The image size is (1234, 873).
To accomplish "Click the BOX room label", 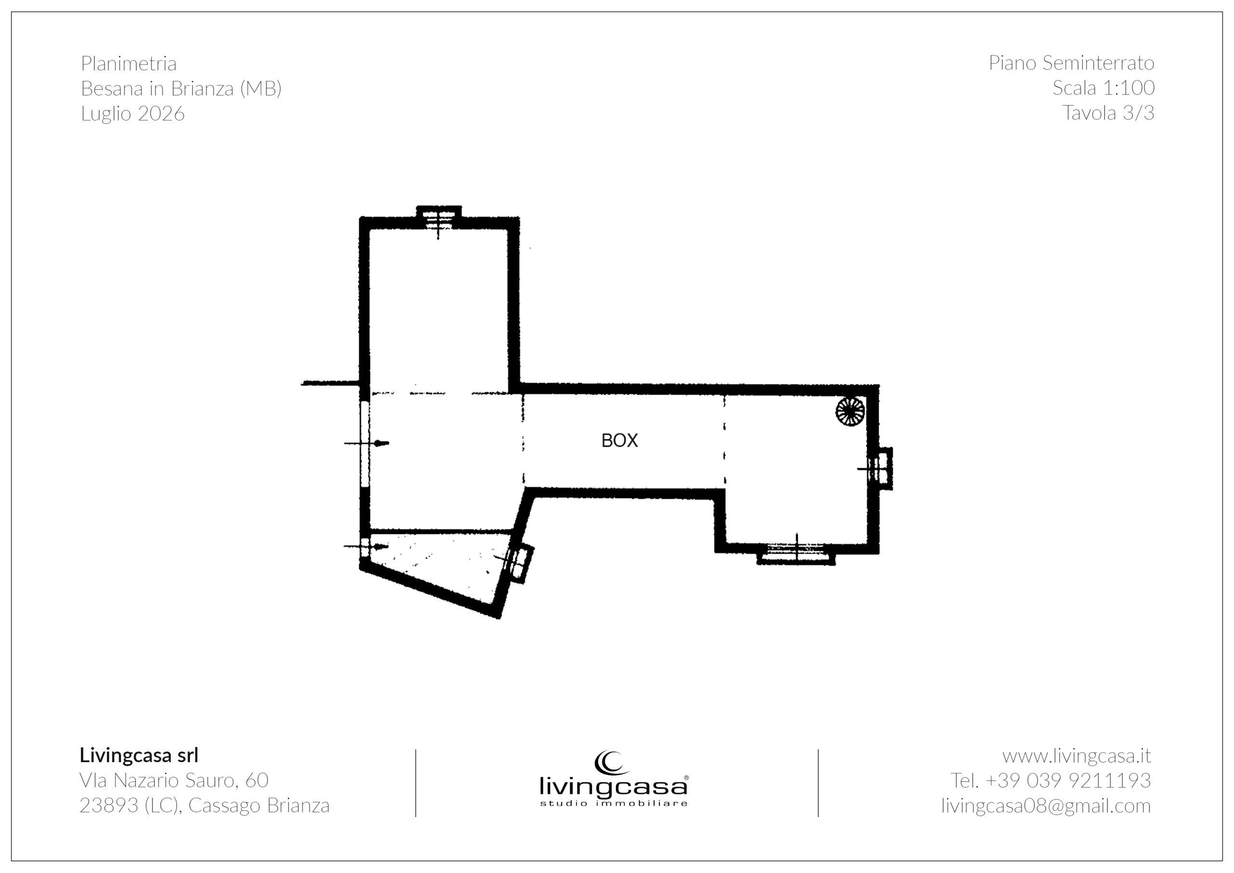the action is (x=619, y=441).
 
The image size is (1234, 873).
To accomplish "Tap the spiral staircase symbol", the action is (x=850, y=412).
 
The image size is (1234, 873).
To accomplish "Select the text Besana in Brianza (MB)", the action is (x=181, y=88).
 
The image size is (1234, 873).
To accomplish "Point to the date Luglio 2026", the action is (x=133, y=113).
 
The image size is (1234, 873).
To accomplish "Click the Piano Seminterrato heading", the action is (x=1071, y=63).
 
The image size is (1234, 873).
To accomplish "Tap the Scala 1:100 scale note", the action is (x=1103, y=88).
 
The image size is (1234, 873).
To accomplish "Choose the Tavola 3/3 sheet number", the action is (x=1108, y=113).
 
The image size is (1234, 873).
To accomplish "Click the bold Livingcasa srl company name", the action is (x=139, y=755).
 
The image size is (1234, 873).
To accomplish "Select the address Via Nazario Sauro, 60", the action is (x=174, y=780).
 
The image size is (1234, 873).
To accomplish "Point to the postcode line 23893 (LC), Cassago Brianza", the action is (x=205, y=805).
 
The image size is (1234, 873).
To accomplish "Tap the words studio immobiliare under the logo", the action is (x=613, y=804).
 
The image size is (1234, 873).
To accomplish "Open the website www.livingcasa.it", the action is (x=1076, y=756).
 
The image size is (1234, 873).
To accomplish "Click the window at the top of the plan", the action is (x=439, y=218).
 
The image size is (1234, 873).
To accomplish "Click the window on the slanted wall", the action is (x=519, y=564).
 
